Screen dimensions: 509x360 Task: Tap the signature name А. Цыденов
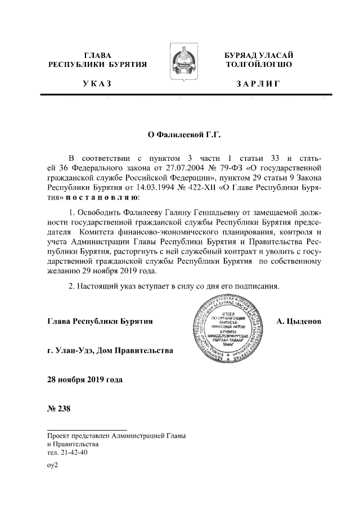coord(299,322)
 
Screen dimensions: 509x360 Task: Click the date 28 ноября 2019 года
coord(84,380)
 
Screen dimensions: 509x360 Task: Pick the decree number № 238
coord(58,408)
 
